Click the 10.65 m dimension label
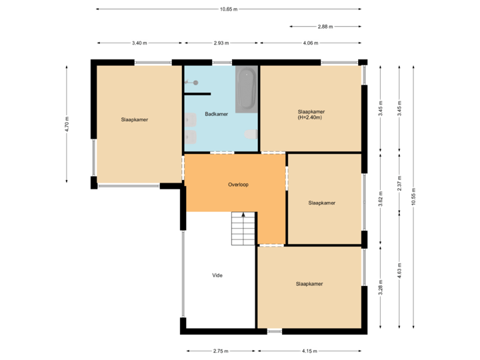click(x=229, y=9)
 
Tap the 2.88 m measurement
click(x=325, y=27)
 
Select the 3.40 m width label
click(x=139, y=43)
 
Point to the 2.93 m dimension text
click(x=221, y=43)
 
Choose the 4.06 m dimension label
click(x=311, y=43)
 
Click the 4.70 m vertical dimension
click(x=67, y=124)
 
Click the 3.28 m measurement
click(x=381, y=287)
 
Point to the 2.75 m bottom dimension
click(x=221, y=351)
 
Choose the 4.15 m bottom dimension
click(x=309, y=351)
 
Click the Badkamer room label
click(x=217, y=114)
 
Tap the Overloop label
click(x=238, y=185)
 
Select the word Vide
click(x=217, y=275)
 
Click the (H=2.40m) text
click(x=311, y=118)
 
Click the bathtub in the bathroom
click(x=246, y=89)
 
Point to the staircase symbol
click(x=243, y=229)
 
